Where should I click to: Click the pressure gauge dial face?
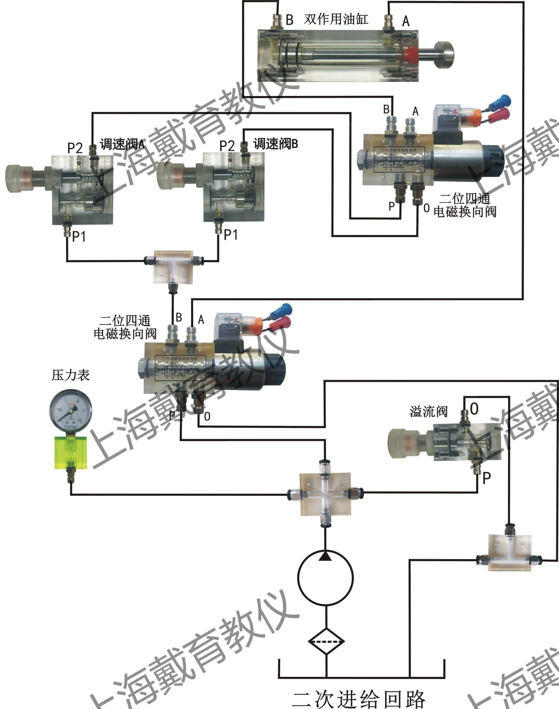[x=70, y=410]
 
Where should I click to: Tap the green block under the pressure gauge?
[x=71, y=452]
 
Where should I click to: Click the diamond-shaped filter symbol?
[x=326, y=641]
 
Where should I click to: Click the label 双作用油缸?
[x=336, y=19]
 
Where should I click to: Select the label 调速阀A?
[x=122, y=144]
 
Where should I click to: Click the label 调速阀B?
[x=275, y=144]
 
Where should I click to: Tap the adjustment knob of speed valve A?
[x=19, y=178]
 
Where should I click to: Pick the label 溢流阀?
[x=428, y=412]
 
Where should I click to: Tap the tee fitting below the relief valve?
[x=509, y=553]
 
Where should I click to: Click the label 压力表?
[x=70, y=375]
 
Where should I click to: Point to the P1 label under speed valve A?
[x=79, y=236]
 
